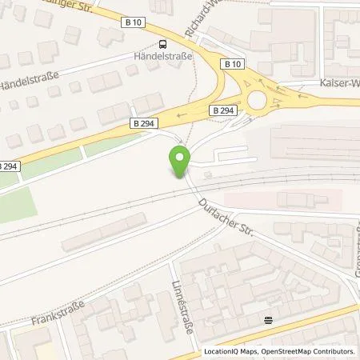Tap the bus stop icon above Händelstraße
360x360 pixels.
[162, 44]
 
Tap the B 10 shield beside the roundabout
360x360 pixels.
[232, 63]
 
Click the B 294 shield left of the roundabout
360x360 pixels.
[222, 109]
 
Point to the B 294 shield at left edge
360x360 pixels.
[6, 166]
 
